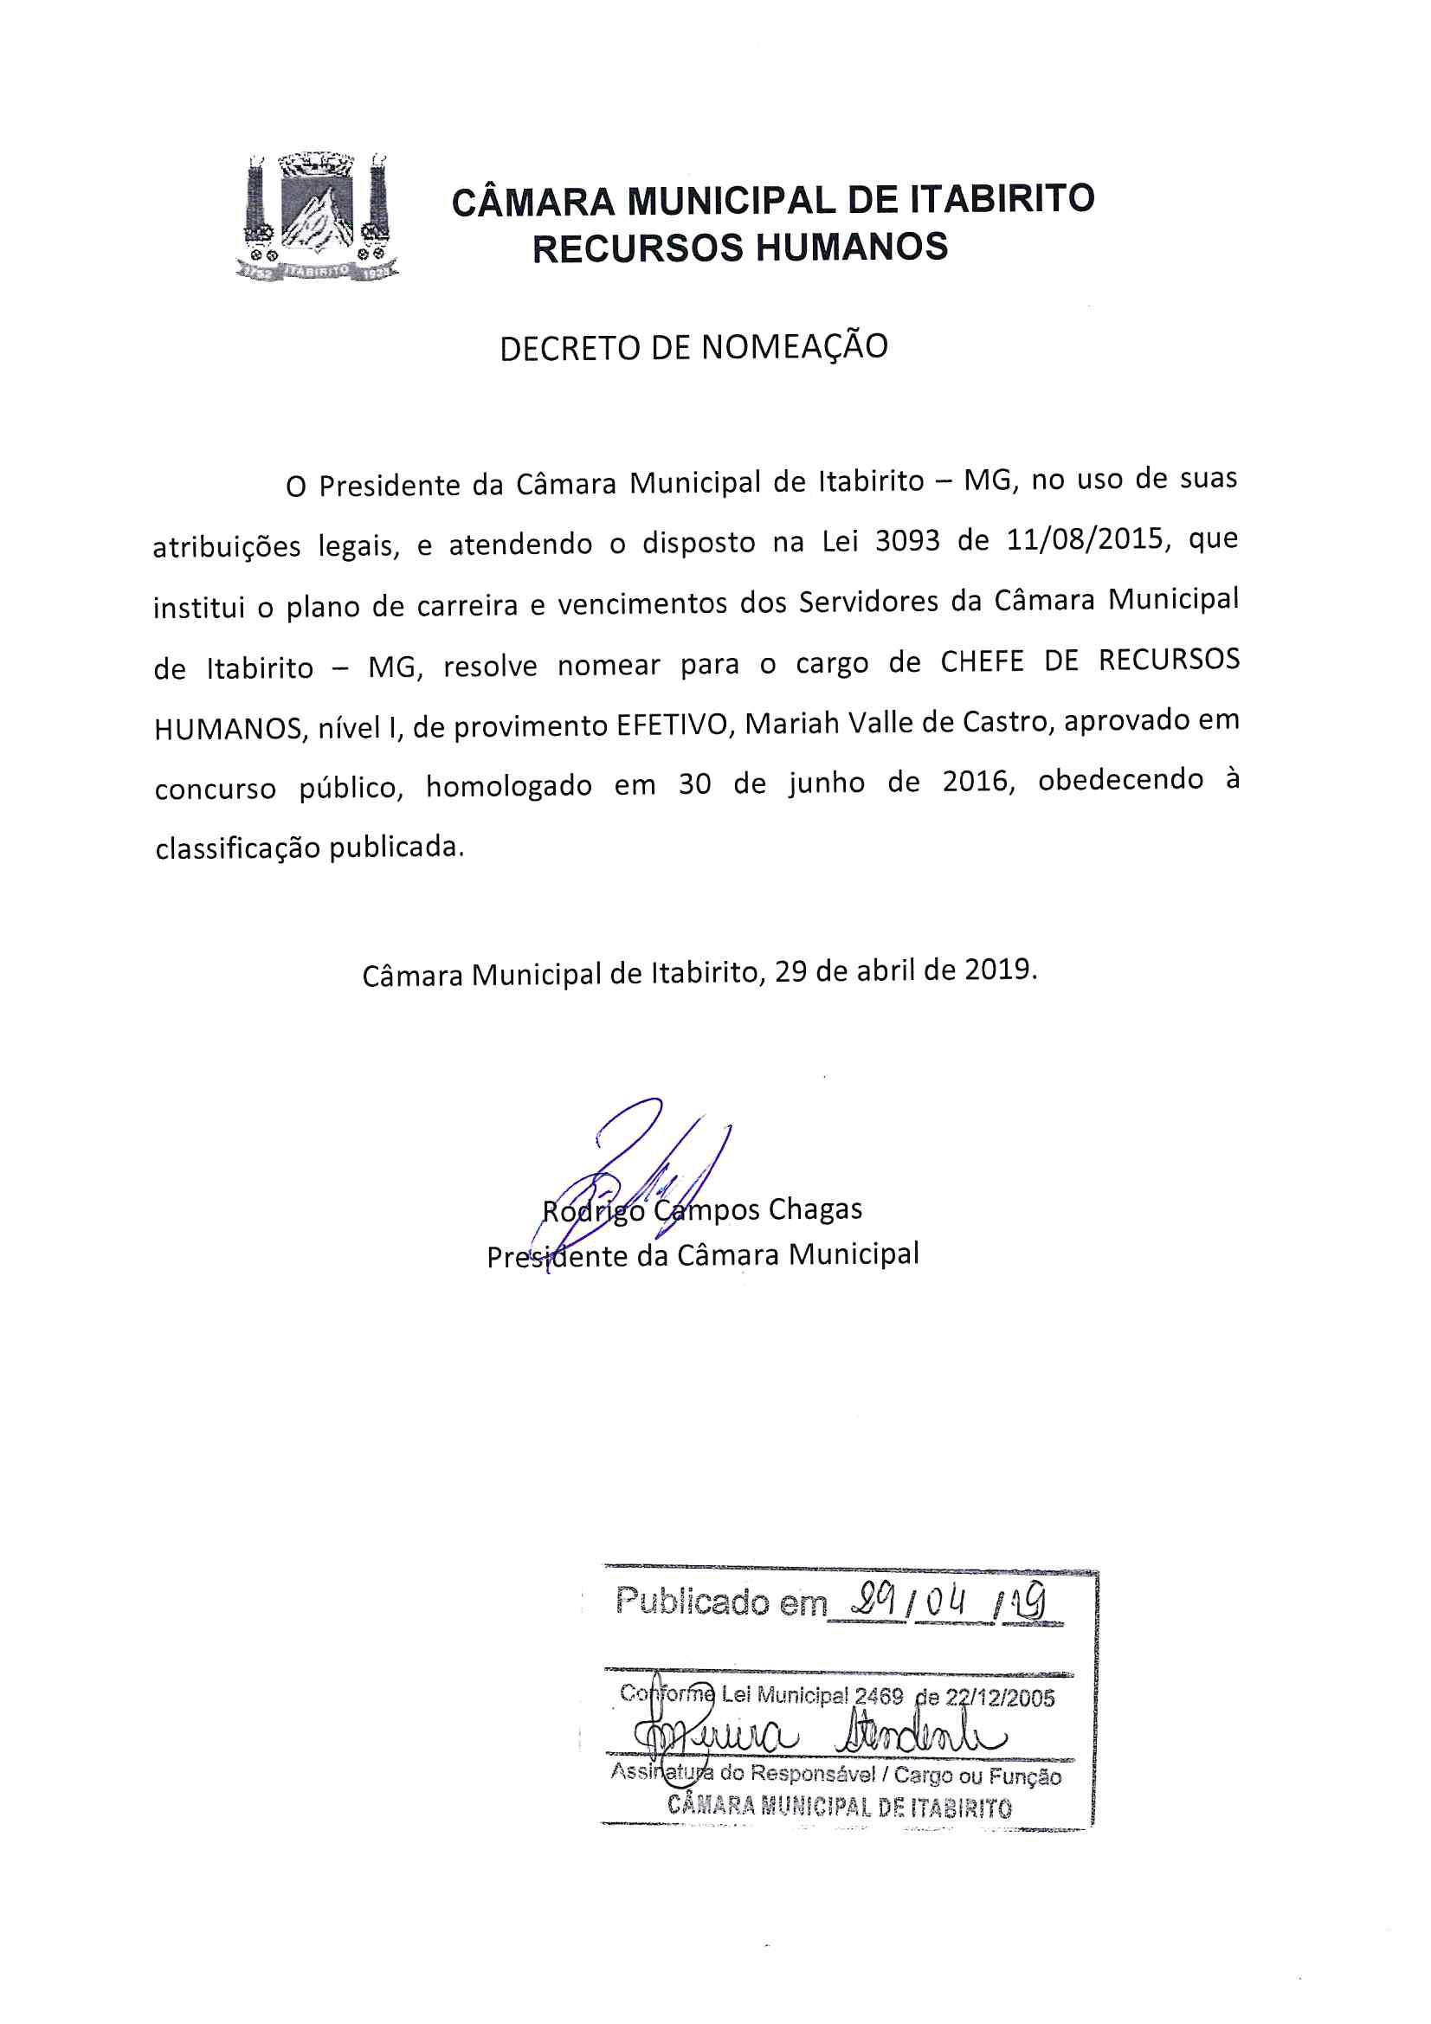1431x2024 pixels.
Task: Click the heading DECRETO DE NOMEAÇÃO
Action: tap(694, 347)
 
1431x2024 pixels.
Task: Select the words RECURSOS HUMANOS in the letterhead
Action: tap(741, 248)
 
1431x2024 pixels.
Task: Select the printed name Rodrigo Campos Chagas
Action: tap(702, 1209)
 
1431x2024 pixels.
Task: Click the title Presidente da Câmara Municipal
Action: tap(703, 1254)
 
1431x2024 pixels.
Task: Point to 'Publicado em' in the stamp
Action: tap(719, 1600)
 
